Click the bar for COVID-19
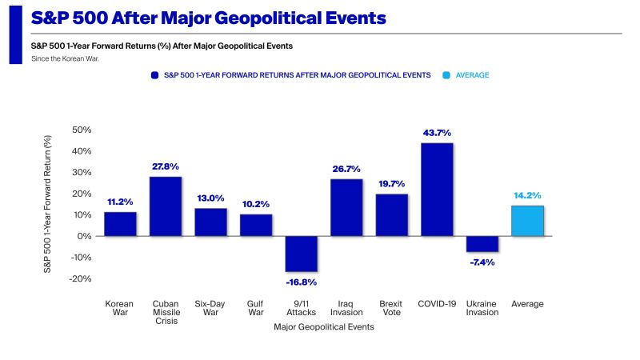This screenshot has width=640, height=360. click(x=437, y=190)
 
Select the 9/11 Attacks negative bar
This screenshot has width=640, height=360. click(x=301, y=254)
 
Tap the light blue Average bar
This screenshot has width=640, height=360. click(x=527, y=221)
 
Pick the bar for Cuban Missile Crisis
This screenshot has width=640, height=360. click(x=165, y=206)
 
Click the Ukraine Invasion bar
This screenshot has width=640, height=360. click(x=482, y=244)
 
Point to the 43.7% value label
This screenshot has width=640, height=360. click(x=437, y=133)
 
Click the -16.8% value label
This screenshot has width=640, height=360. click(x=301, y=282)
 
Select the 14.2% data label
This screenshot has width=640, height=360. click(x=527, y=195)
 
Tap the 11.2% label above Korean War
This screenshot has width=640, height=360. click(x=120, y=202)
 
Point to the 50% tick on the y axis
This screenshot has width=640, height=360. click(x=82, y=130)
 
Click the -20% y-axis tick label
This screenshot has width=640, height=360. click(x=81, y=278)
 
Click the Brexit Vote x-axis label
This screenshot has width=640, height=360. click(x=391, y=308)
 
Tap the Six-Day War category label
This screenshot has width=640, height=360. click(x=210, y=308)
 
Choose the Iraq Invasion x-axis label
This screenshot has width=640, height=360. click(x=346, y=308)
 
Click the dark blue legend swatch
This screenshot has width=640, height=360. click(x=155, y=74)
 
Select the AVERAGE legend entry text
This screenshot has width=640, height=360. click(x=472, y=74)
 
